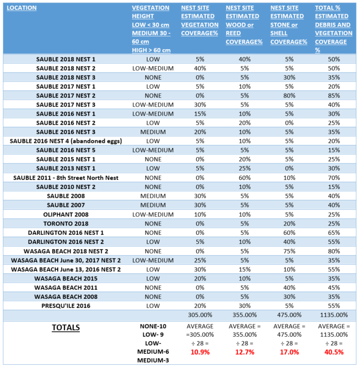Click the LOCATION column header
[x=22, y=8]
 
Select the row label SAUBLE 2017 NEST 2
[x=66, y=96]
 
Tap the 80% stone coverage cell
[x=289, y=96]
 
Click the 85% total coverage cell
[x=334, y=96]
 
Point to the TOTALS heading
[x=66, y=327]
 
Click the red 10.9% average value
[x=200, y=352]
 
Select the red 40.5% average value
[x=334, y=352]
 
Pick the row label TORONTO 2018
[x=66, y=224]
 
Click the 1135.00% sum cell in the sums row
[x=334, y=315]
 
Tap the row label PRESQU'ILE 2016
[x=66, y=305]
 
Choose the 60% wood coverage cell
[x=245, y=178]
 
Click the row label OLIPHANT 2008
[x=66, y=214]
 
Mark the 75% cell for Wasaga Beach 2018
[x=289, y=251]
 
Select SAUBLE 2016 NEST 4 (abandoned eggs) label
[x=66, y=141]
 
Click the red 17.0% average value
[x=289, y=352]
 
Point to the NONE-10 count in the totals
[x=153, y=326]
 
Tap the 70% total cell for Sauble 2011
[x=334, y=178]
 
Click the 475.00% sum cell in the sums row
[x=289, y=315]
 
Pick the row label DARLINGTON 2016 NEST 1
[x=66, y=233]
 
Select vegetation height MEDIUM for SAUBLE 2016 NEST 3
[x=153, y=132]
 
